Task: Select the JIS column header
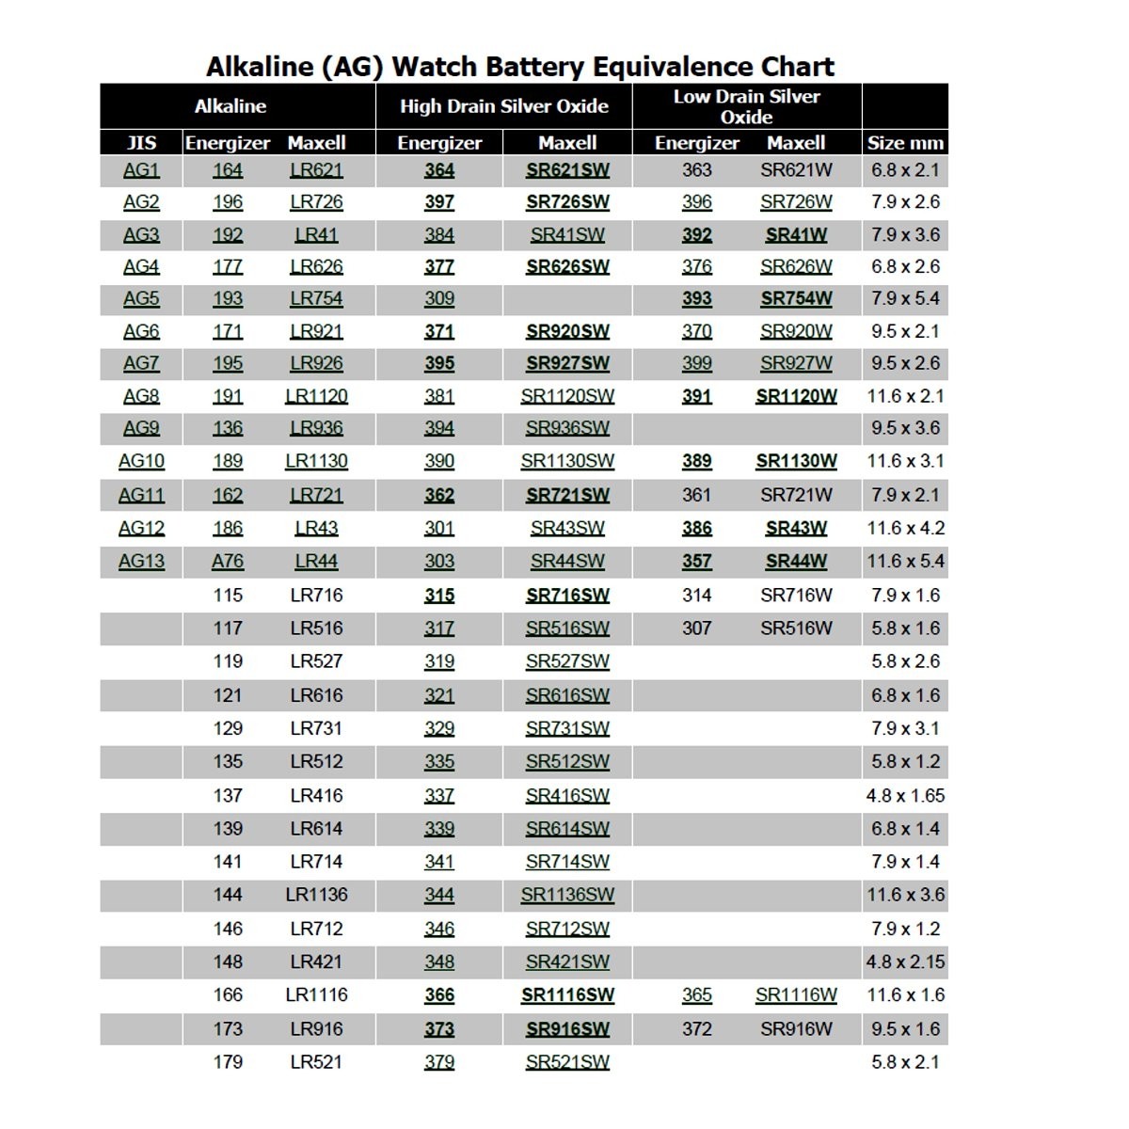(141, 143)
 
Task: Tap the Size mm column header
(905, 143)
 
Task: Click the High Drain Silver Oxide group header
(503, 106)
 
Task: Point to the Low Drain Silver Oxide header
(746, 106)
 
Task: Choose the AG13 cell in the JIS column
(141, 562)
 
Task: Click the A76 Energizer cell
(228, 562)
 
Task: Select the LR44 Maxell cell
(316, 562)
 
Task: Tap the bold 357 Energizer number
(697, 562)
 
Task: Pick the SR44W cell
(796, 562)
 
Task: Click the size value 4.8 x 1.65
(905, 796)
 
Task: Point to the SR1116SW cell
(567, 995)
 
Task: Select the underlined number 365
(697, 995)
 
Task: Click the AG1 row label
(141, 170)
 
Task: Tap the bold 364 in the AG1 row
(439, 170)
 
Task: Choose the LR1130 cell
(316, 462)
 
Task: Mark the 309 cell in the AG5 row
(439, 299)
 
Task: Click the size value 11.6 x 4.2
(905, 529)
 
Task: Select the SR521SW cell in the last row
(567, 1062)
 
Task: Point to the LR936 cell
(316, 428)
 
